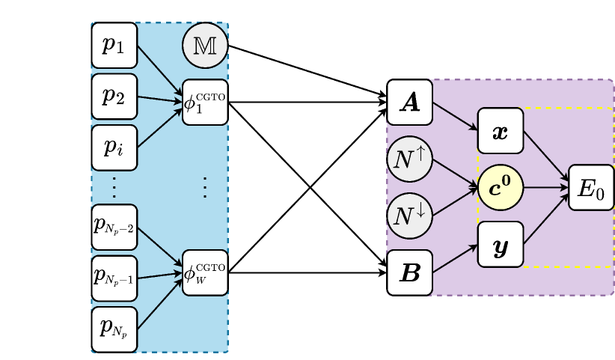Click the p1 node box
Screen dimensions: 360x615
point(114,45)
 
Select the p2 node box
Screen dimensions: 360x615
point(114,96)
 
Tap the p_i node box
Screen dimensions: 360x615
point(114,147)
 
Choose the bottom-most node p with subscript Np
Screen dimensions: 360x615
point(114,329)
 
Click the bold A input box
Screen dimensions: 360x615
point(410,103)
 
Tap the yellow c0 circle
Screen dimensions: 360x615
point(501,188)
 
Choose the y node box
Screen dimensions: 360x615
point(501,245)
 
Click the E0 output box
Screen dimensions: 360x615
point(591,188)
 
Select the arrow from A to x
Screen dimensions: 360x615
point(455,116)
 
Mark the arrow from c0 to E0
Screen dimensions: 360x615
point(545,188)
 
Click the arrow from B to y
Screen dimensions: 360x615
point(455,259)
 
